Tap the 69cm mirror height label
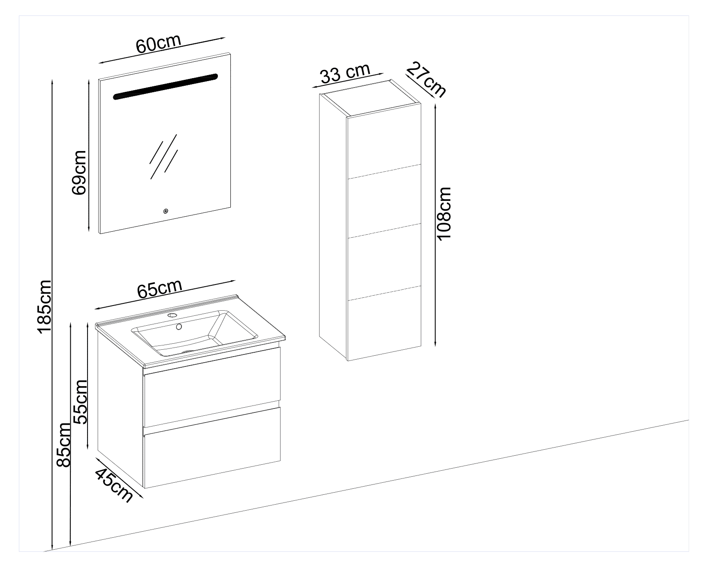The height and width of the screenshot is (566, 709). click(79, 173)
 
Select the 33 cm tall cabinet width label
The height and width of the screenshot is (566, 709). click(345, 73)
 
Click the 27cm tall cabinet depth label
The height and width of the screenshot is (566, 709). click(426, 79)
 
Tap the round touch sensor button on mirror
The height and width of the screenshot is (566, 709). click(166, 211)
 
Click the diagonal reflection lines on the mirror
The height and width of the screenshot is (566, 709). click(163, 157)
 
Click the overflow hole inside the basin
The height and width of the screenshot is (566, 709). click(179, 327)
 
